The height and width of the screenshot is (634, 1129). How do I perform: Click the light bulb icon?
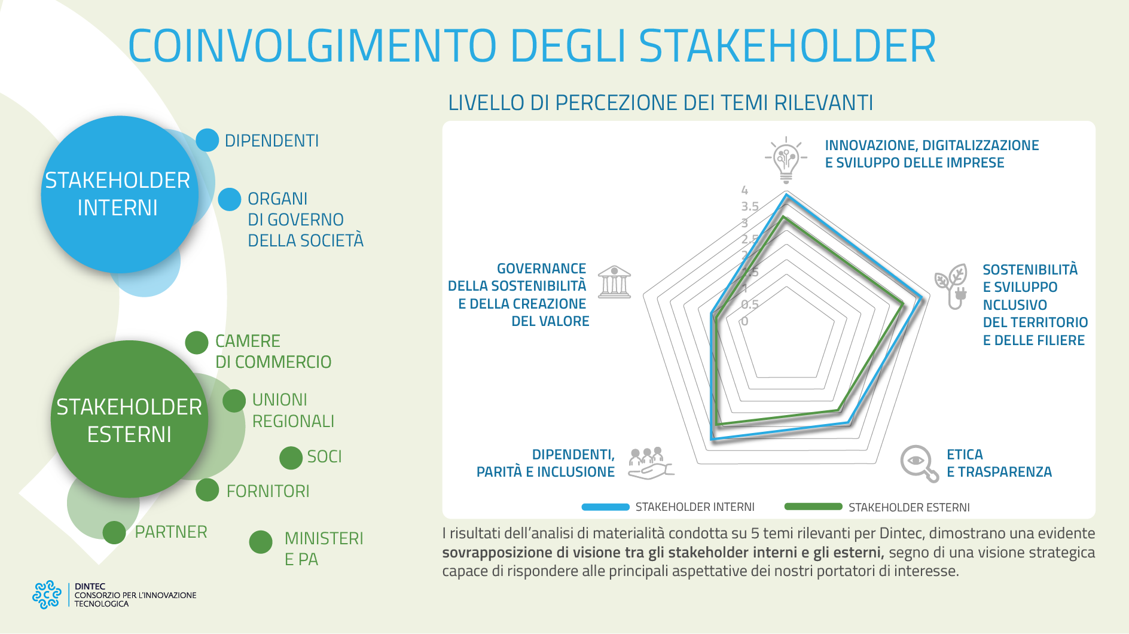click(x=786, y=159)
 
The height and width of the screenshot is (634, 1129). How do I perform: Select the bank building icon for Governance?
click(x=614, y=282)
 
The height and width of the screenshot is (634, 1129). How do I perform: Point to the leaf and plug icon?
click(x=952, y=285)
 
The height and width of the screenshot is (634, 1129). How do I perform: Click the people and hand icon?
click(x=650, y=463)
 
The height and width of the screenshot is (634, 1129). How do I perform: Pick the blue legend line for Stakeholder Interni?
click(x=605, y=507)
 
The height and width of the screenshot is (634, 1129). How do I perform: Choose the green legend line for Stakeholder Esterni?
click(x=813, y=507)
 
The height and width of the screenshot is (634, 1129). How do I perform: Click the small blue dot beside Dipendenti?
click(x=208, y=140)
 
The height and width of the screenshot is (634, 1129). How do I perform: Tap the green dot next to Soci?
click(x=291, y=458)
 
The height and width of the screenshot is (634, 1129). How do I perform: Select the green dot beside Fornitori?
click(x=208, y=490)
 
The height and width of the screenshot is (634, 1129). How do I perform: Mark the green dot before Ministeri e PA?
click(x=261, y=542)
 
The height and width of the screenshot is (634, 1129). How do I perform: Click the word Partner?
click(x=171, y=532)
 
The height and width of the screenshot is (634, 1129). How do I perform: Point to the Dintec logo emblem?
click(x=47, y=595)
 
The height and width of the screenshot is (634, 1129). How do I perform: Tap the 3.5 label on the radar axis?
click(x=749, y=207)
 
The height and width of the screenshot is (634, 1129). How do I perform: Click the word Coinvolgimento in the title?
click(x=312, y=46)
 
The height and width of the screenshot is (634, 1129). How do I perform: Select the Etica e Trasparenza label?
click(x=999, y=463)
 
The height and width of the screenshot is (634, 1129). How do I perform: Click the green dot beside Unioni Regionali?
click(x=234, y=401)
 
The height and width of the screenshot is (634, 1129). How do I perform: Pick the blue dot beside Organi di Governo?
click(x=229, y=199)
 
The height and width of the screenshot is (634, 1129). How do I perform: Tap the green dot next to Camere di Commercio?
click(x=197, y=343)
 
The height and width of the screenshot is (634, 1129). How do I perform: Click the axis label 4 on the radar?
click(x=744, y=191)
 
